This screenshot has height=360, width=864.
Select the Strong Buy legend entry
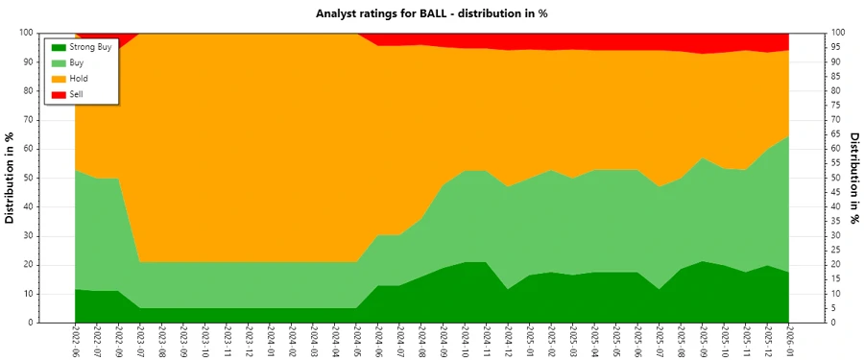click(x=90, y=46)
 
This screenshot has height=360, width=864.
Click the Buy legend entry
click(x=78, y=61)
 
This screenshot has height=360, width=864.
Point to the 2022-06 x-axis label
click(x=75, y=341)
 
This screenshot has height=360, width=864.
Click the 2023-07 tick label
click(x=140, y=341)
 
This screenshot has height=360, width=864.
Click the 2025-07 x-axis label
click(x=660, y=341)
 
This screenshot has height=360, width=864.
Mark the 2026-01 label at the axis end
click(x=789, y=341)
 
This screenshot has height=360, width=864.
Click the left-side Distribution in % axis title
click(x=11, y=178)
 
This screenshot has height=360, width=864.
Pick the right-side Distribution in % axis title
click(x=852, y=178)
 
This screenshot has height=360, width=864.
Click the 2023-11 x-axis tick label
click(x=227, y=341)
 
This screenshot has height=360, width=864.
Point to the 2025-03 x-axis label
click(x=573, y=341)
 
